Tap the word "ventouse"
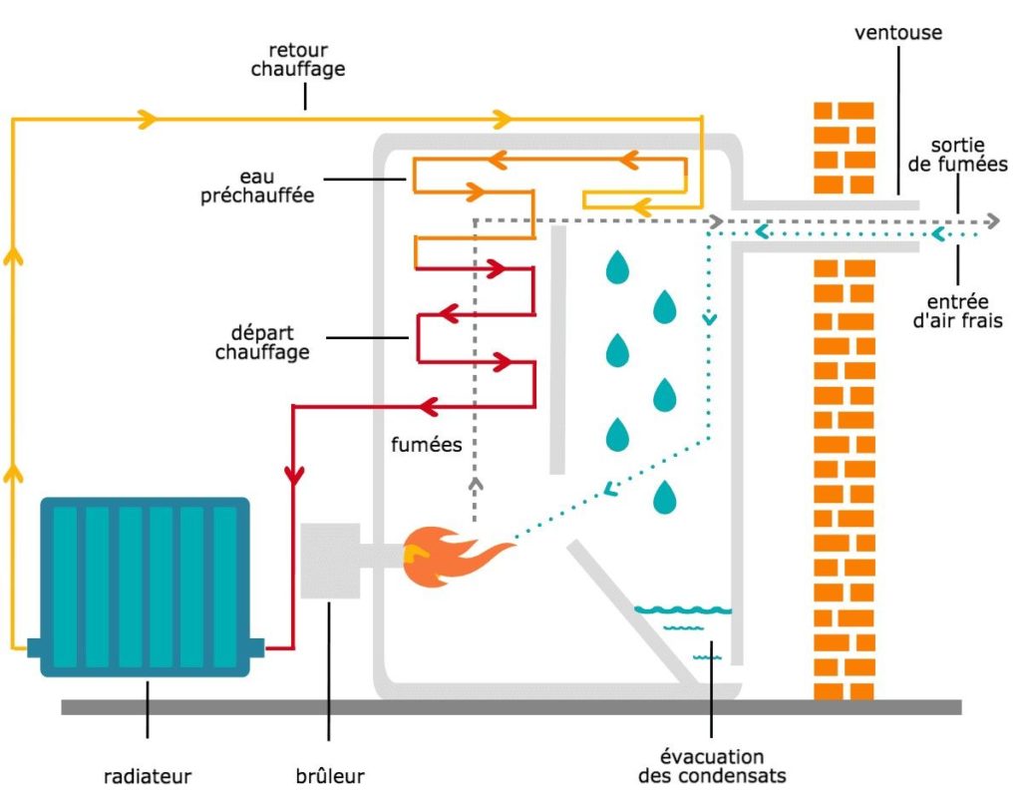[897, 33]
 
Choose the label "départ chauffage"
[262, 341]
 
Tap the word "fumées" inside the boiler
[427, 445]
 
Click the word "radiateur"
[147, 775]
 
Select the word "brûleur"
[331, 775]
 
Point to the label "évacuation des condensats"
[712, 766]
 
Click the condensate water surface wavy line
[682, 609]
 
